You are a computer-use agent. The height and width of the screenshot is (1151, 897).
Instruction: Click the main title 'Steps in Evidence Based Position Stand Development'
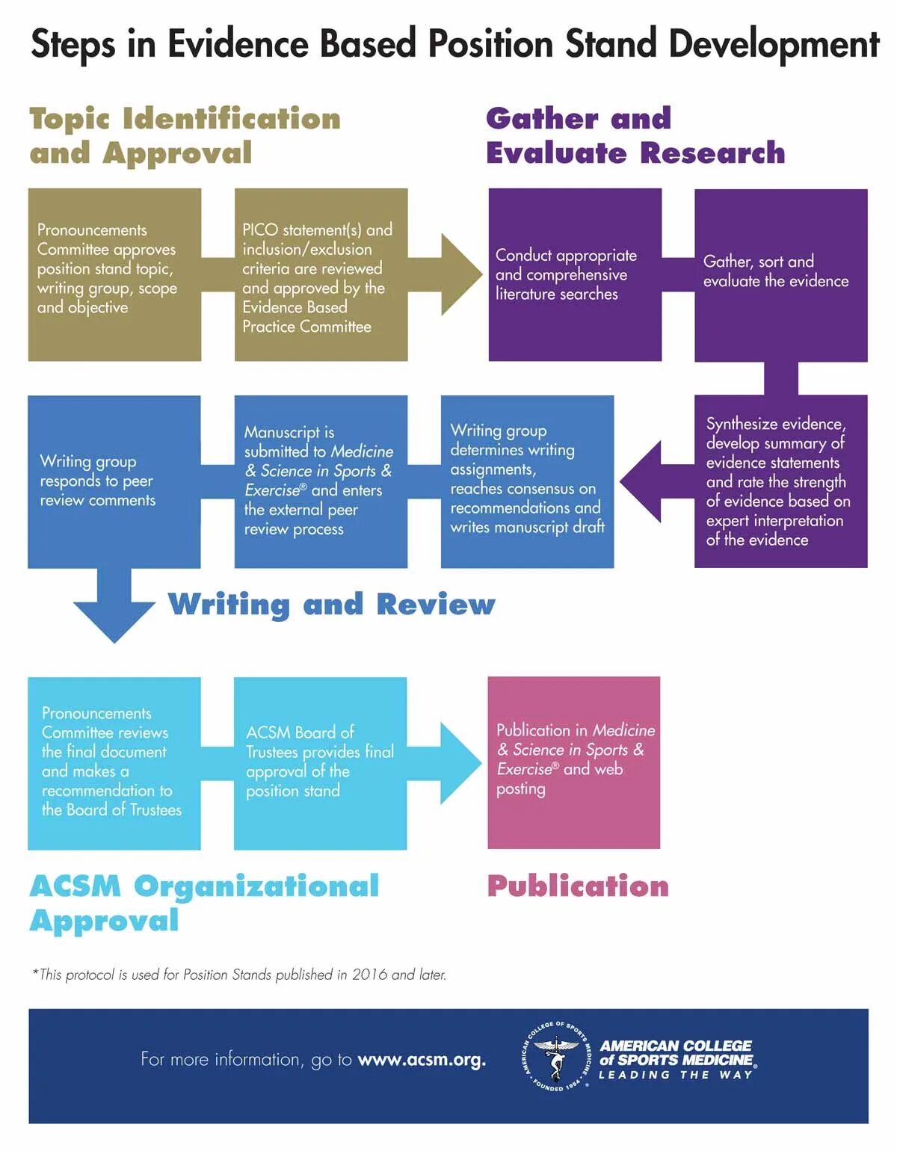pyautogui.click(x=454, y=43)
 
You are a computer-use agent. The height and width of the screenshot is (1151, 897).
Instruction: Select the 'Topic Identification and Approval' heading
pyautogui.click(x=185, y=135)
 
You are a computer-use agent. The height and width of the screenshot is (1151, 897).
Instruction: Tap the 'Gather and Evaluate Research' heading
pyautogui.click(x=635, y=135)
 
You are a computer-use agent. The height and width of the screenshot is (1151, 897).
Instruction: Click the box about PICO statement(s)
pyautogui.click(x=321, y=275)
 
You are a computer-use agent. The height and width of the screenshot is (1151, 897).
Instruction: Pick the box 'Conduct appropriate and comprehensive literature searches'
pyautogui.click(x=575, y=275)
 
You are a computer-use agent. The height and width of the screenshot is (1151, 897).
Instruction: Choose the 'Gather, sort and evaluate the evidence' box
pyautogui.click(x=780, y=275)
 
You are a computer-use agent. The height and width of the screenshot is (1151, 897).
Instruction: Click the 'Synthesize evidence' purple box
pyautogui.click(x=780, y=481)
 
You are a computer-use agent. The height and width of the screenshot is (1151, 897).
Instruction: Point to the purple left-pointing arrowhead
pyautogui.click(x=641, y=481)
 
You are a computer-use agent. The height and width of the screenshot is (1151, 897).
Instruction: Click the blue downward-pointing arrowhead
pyautogui.click(x=114, y=620)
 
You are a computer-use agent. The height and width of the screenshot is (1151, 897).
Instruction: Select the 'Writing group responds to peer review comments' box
pyautogui.click(x=114, y=481)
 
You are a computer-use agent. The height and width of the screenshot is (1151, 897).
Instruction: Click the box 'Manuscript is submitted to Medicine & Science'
pyautogui.click(x=321, y=481)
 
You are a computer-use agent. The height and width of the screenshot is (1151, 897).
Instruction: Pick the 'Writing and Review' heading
pyautogui.click(x=331, y=604)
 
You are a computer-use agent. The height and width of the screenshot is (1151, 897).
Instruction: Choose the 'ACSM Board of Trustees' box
pyautogui.click(x=320, y=763)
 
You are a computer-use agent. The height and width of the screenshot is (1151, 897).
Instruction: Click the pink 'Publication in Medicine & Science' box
pyautogui.click(x=573, y=762)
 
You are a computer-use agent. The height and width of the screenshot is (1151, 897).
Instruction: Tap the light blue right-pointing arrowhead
pyautogui.click(x=460, y=763)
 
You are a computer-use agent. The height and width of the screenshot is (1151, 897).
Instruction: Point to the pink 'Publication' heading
pyautogui.click(x=578, y=886)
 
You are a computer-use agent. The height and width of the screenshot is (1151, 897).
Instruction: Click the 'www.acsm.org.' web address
pyautogui.click(x=422, y=1060)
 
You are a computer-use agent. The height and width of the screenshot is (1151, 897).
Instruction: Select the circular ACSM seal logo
pyautogui.click(x=556, y=1060)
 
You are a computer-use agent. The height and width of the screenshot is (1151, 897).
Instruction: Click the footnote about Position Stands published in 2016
pyautogui.click(x=239, y=975)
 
